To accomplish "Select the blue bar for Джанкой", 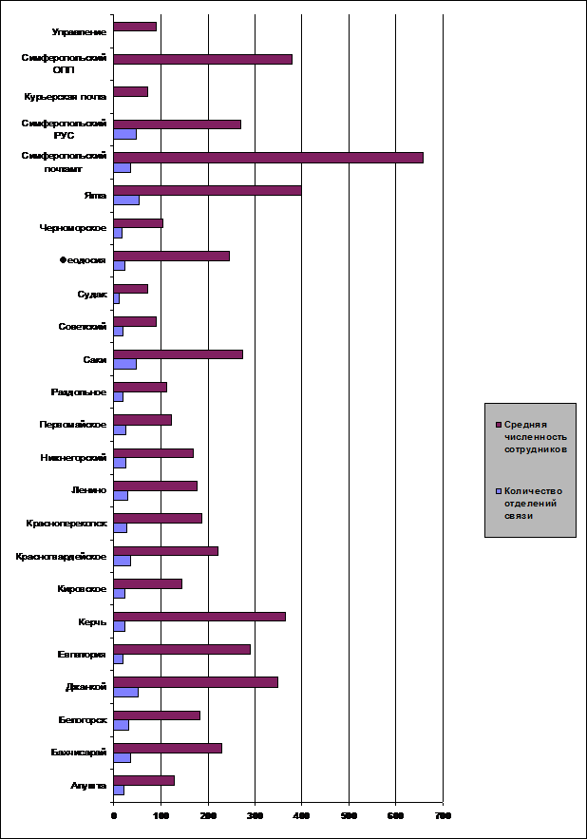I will tap(125, 692).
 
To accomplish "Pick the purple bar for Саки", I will tap(178, 354).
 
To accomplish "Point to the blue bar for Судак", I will tap(116, 298).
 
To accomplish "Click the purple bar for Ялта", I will tap(207, 190).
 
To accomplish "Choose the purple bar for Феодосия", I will tap(171, 256).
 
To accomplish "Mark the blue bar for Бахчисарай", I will tap(122, 757).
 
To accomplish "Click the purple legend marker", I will tap(498, 424).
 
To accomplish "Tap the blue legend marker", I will tap(498, 491).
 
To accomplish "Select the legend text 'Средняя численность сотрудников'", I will tap(536, 437).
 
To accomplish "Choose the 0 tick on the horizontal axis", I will tap(114, 816).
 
